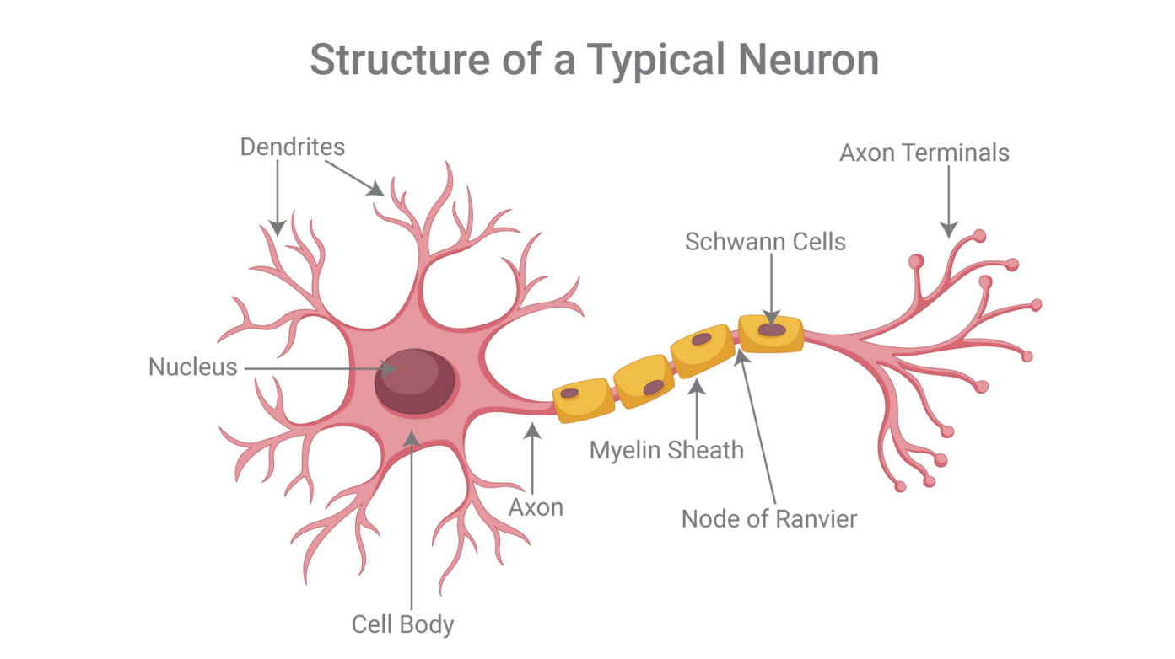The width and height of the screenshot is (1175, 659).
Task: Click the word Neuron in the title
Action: tap(808, 61)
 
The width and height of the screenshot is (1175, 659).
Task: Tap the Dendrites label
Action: tap(293, 147)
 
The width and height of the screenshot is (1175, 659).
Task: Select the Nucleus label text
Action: tap(193, 367)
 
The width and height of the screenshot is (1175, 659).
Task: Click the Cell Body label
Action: tap(403, 625)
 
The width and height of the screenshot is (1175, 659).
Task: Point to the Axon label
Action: tap(536, 507)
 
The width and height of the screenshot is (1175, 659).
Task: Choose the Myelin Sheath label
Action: tap(666, 451)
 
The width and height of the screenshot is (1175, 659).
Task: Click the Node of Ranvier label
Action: tap(769, 520)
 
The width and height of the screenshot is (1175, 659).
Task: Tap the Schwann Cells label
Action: tap(765, 242)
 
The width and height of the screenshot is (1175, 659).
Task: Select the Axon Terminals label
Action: tap(924, 153)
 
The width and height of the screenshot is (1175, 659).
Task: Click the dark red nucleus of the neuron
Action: tap(414, 381)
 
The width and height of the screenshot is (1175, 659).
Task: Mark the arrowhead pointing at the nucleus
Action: tap(389, 368)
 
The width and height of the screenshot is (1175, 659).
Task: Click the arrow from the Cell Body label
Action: tap(412, 520)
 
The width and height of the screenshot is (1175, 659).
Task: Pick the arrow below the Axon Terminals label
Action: tap(948, 202)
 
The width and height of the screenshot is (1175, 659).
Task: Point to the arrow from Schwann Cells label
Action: tap(771, 288)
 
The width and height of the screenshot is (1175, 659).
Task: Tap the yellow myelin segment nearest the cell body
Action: tap(584, 400)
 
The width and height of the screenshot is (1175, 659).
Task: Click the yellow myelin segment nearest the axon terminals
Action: tap(771, 334)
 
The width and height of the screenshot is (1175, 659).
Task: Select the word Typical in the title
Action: tap(656, 62)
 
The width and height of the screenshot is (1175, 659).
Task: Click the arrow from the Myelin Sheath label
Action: tap(697, 409)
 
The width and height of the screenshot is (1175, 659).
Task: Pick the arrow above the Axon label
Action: tap(532, 458)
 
